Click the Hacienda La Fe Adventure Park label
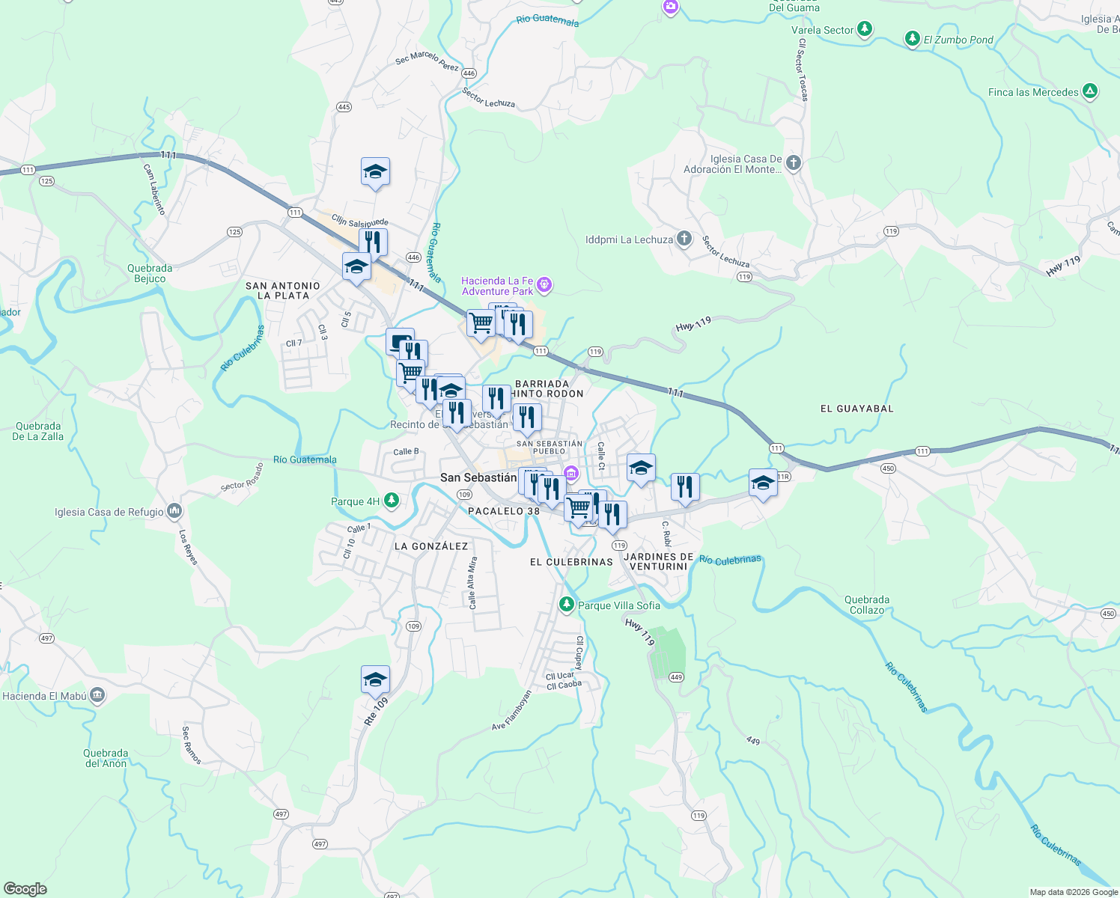(498, 286)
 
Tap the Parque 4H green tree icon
(391, 501)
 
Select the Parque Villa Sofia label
(619, 605)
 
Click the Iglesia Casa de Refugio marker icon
(174, 511)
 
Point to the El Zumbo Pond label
(958, 40)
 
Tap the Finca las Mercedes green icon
(1090, 92)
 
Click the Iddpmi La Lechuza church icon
(684, 239)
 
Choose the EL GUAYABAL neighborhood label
(856, 409)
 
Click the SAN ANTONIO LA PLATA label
(283, 290)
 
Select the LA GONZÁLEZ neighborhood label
(431, 546)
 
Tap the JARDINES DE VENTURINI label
(659, 561)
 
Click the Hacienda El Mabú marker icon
(97, 695)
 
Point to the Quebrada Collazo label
(867, 605)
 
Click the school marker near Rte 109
(375, 679)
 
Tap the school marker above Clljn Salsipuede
(375, 172)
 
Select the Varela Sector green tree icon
(865, 29)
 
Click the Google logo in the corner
(25, 888)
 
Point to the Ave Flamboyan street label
(511, 710)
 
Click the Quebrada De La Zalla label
(38, 431)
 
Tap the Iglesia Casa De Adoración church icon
(794, 162)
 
